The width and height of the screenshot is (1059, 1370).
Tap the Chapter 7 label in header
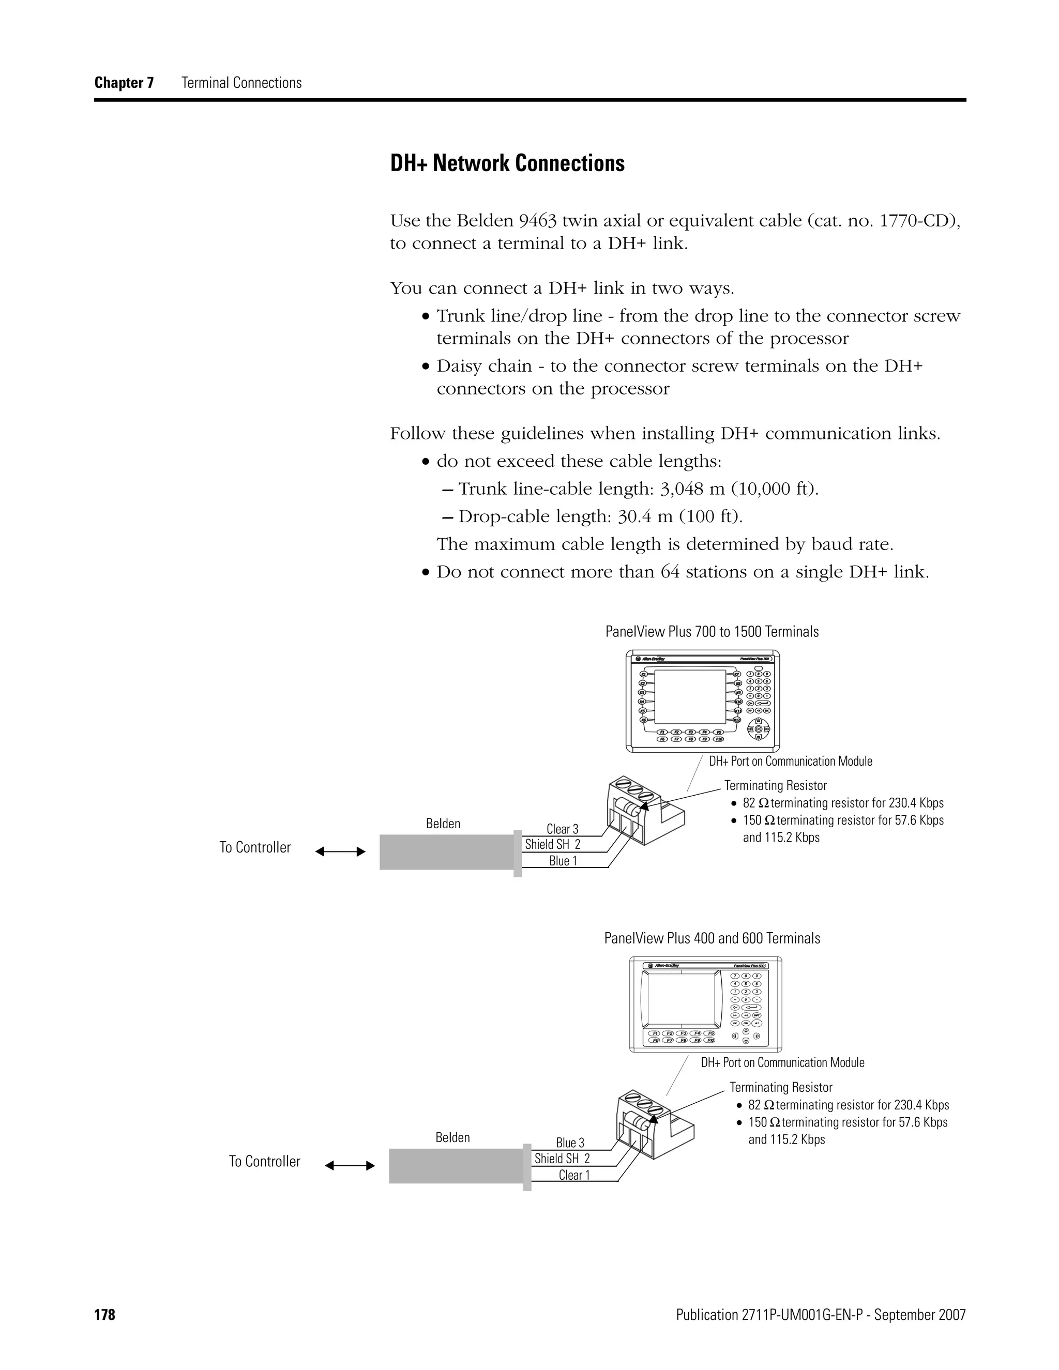click(124, 83)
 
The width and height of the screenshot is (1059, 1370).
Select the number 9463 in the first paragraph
click(538, 221)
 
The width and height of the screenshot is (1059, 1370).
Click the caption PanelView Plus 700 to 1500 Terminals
click(712, 632)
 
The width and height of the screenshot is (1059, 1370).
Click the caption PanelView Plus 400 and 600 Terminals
click(712, 938)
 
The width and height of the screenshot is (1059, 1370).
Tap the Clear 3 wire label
click(562, 829)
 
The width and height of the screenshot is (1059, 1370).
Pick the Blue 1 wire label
click(563, 861)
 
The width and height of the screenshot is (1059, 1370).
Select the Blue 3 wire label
click(570, 1143)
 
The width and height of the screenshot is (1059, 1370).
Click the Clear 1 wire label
click(574, 1176)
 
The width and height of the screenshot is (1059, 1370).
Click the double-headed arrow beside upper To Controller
click(340, 851)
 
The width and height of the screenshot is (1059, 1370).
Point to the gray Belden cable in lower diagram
click(456, 1166)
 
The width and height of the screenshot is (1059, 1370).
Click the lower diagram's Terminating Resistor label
click(780, 1087)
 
